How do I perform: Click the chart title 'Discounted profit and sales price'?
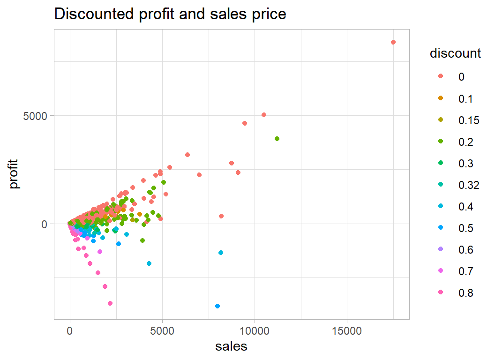point(170,14)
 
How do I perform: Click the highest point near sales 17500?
point(393,42)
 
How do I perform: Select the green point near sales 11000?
point(277,139)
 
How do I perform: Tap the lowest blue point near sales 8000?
point(217,306)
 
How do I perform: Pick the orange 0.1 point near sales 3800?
point(140,214)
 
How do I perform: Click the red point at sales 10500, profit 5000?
point(264,115)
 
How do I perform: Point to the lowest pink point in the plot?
point(110,303)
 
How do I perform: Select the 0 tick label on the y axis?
point(44,224)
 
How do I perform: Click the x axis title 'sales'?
point(231,346)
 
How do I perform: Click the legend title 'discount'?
point(455,53)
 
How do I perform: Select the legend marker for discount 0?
point(440,77)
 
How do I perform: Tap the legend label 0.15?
point(469,120)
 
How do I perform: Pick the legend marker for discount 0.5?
point(440,228)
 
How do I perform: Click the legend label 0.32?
point(469,185)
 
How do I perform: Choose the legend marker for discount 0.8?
point(440,293)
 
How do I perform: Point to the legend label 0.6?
point(466,250)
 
